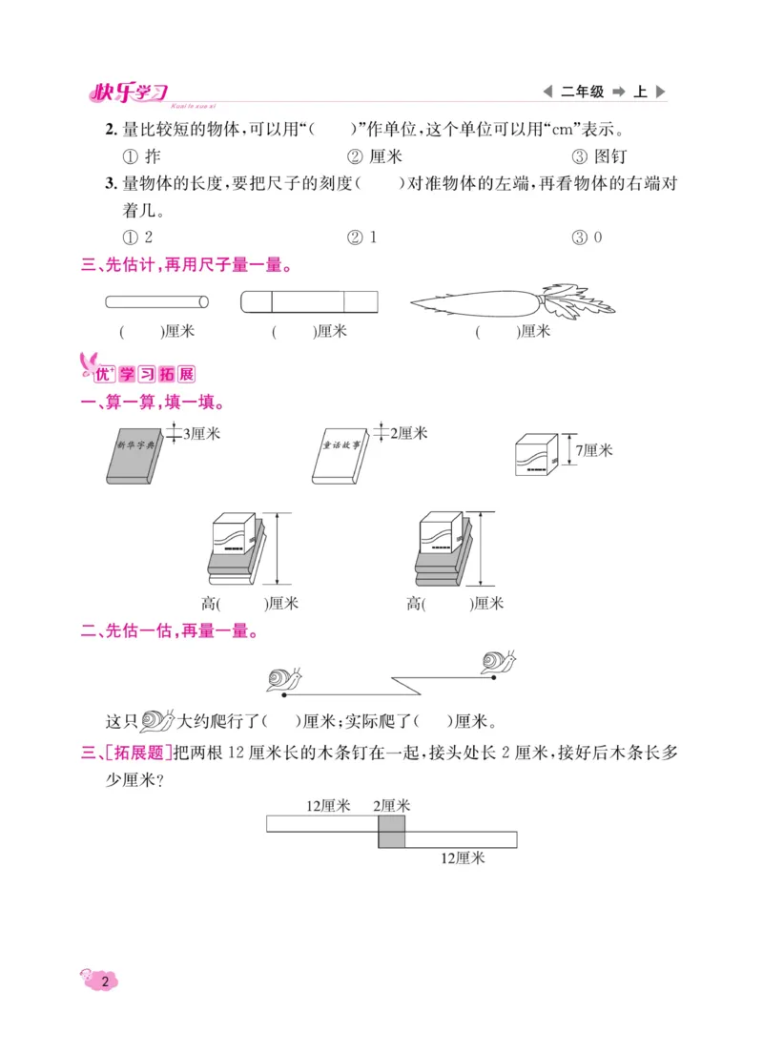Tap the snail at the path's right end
tap(498, 662)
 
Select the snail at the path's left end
tap(284, 678)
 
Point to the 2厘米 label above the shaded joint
tap(391, 806)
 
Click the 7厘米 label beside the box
tap(594, 449)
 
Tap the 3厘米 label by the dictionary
tap(201, 433)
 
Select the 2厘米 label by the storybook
tap(408, 433)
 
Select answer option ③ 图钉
tap(599, 156)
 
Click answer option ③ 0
tap(587, 237)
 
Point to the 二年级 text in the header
tap(582, 93)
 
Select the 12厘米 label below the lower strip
tap(463, 857)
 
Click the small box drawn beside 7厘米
tap(537, 453)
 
